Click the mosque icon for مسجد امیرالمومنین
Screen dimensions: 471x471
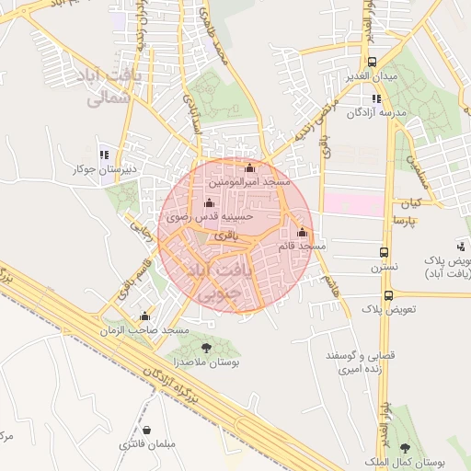click(249, 167)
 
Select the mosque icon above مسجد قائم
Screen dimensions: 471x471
click(302, 232)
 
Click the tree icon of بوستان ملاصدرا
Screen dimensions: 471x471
click(205, 347)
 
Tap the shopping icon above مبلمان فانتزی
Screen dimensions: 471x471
click(146, 430)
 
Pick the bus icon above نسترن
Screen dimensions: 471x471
click(384, 251)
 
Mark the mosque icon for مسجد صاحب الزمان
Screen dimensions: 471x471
click(144, 316)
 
